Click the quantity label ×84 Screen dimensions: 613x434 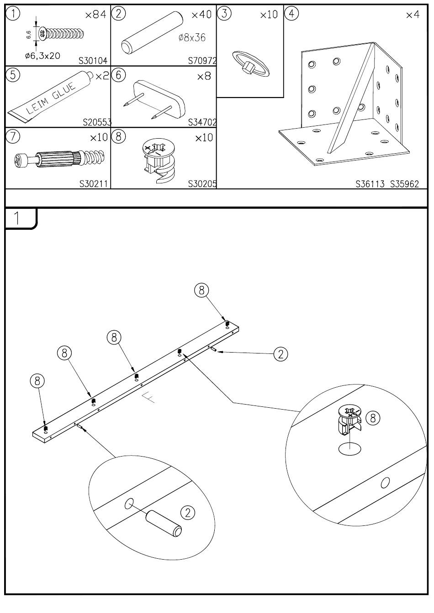click(95, 15)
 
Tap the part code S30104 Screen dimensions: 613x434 click(93, 60)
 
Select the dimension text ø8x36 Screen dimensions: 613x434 click(192, 37)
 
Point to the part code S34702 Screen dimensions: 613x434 click(202, 122)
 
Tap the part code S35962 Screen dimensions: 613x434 click(404, 185)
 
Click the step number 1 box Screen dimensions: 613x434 click(18, 218)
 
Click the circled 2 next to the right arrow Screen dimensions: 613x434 click(281, 353)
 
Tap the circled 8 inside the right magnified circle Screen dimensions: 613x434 click(373, 417)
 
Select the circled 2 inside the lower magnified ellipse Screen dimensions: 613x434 click(187, 513)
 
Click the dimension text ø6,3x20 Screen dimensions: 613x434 click(42, 56)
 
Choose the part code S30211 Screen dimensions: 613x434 click(93, 184)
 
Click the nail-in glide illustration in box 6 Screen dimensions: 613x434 click(160, 98)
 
